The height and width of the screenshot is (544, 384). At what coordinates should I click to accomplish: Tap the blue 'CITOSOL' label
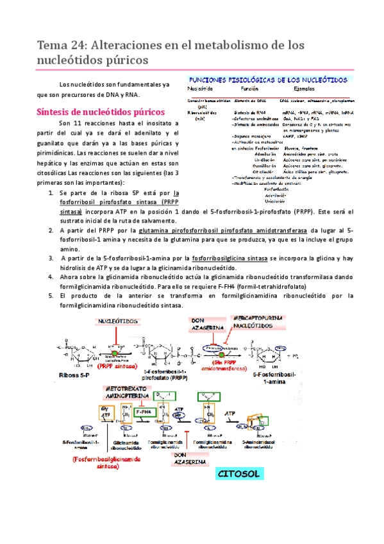click(238, 474)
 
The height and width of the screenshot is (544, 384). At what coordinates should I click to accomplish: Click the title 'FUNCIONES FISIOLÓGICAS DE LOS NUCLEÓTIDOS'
click(267, 80)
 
